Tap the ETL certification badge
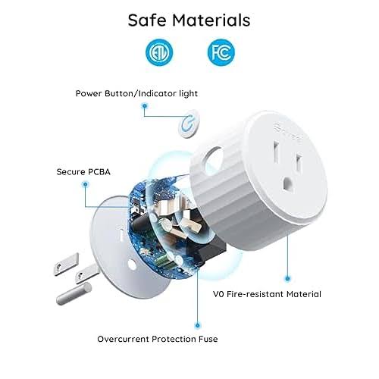[158, 52]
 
